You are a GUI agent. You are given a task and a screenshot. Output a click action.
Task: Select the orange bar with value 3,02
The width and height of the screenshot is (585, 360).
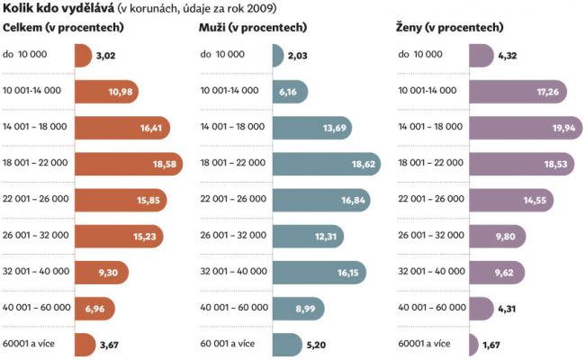click(x=82, y=55)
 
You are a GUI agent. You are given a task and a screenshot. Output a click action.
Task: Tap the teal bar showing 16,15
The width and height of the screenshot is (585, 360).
click(x=306, y=271)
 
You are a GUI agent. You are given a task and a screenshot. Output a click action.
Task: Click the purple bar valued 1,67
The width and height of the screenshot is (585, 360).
click(x=473, y=344)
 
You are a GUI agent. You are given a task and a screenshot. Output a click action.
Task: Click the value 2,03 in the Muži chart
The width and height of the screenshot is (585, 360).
click(x=299, y=56)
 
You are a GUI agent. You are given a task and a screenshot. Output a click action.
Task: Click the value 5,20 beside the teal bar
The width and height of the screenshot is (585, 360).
click(x=316, y=344)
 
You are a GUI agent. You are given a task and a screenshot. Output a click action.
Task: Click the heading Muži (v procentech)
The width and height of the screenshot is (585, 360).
click(x=255, y=28)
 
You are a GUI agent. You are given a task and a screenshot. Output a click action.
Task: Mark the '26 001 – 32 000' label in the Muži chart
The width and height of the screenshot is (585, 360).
click(x=234, y=235)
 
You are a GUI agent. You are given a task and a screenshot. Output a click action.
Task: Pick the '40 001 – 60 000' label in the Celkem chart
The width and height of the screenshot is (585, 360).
click(x=37, y=307)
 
